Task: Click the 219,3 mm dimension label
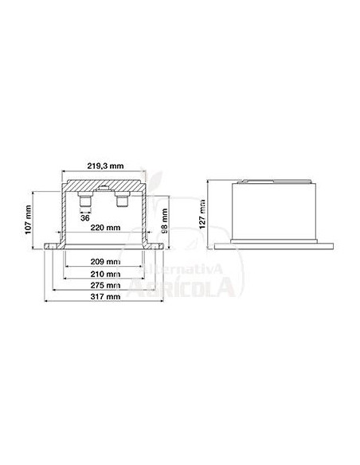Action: click(x=104, y=166)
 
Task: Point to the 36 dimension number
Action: click(x=85, y=216)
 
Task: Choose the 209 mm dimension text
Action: click(x=104, y=261)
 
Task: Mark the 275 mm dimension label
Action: click(x=104, y=284)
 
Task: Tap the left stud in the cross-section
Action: click(x=85, y=199)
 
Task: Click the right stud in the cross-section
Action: click(x=123, y=199)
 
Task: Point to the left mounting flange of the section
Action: click(x=53, y=244)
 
